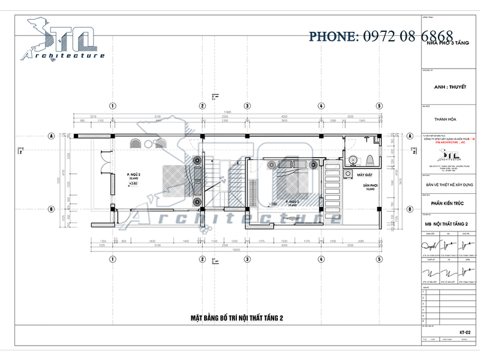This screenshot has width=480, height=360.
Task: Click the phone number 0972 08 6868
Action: tap(381, 37)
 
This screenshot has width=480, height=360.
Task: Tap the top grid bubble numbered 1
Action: tap(112, 106)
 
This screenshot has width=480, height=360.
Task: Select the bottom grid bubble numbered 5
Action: tap(379, 259)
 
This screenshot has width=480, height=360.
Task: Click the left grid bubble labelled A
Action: tap(52, 136)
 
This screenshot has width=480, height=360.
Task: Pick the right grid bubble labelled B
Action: tap(410, 209)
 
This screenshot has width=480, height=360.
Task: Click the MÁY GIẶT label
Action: tap(365, 175)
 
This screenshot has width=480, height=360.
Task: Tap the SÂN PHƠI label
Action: tap(369, 186)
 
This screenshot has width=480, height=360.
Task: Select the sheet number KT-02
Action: tap(464, 332)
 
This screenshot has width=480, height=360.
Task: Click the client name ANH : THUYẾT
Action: tap(449, 86)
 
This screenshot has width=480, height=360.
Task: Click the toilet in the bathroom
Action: tap(370, 159)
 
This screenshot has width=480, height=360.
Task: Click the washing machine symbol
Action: tap(347, 174)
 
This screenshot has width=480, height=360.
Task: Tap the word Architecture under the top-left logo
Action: tap(63, 56)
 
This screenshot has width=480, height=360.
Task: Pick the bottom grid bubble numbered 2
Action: tap(203, 259)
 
